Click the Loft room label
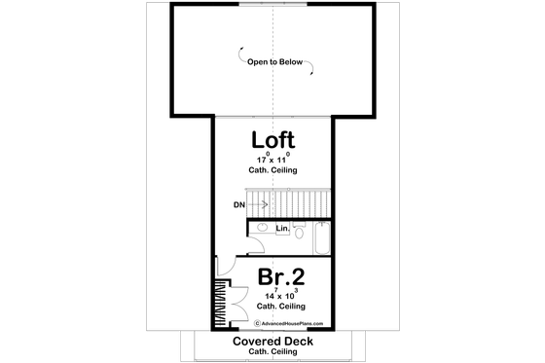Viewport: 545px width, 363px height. coord(272,138)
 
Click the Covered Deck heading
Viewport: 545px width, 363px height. coord(272,342)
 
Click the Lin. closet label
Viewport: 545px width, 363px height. coord(282,229)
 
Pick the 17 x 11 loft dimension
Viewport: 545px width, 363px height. coord(272,158)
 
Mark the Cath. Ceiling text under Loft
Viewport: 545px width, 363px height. coord(272,170)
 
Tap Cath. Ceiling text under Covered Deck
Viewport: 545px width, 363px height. coord(272,353)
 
